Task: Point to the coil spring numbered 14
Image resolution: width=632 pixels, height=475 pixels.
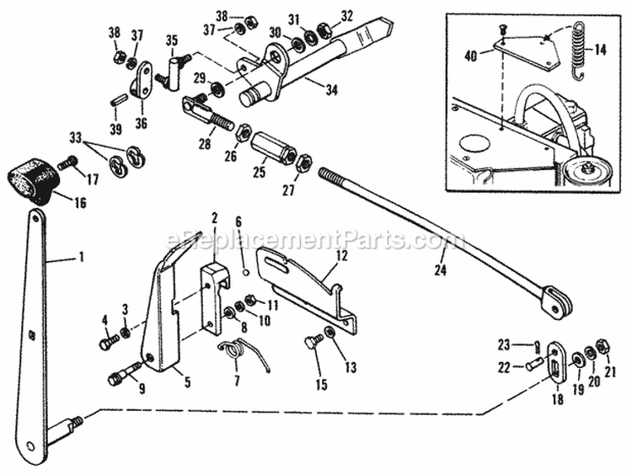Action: click(x=577, y=51)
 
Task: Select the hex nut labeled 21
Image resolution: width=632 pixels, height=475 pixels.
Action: click(x=603, y=346)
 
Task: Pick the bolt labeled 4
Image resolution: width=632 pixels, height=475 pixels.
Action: click(x=107, y=342)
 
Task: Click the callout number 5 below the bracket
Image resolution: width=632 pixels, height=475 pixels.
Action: click(x=187, y=382)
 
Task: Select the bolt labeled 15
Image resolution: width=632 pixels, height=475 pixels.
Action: click(x=312, y=343)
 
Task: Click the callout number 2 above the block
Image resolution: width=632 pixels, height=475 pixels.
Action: click(x=215, y=217)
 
